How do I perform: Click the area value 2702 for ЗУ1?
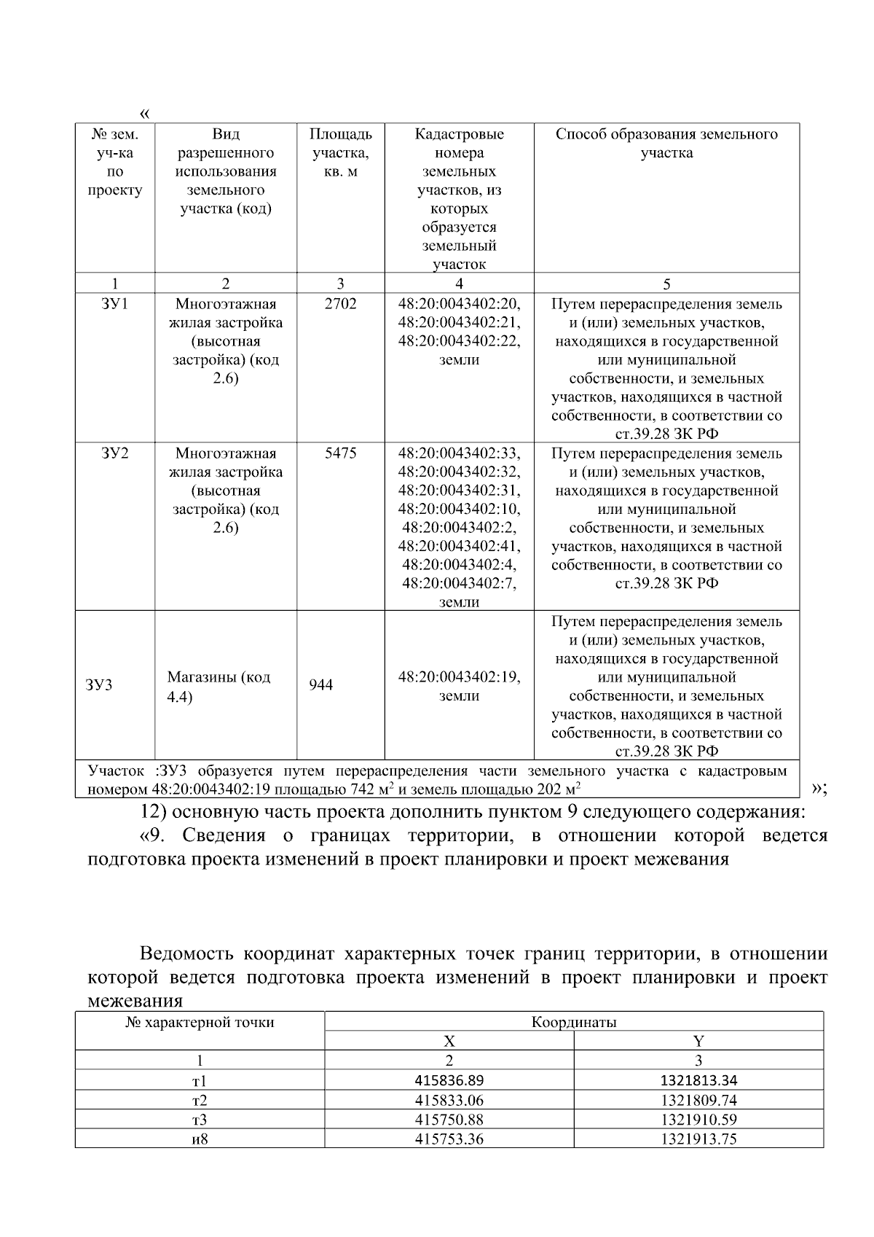point(340,304)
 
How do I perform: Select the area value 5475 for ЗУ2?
point(340,453)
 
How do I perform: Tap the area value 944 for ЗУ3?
point(320,685)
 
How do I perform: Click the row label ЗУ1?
point(115,304)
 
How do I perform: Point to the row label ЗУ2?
point(115,453)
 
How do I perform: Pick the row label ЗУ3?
point(99,685)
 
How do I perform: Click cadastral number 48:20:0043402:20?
point(460,304)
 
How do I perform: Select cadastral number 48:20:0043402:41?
point(460,546)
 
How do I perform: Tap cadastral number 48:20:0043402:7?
point(460,583)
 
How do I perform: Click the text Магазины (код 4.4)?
point(219,687)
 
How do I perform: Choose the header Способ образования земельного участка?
point(666,143)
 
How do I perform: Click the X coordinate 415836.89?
point(449,1080)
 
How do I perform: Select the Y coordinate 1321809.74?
point(698,1100)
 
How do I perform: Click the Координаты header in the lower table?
point(573,1022)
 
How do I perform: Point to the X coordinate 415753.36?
point(449,1139)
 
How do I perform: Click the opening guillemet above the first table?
point(144,114)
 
